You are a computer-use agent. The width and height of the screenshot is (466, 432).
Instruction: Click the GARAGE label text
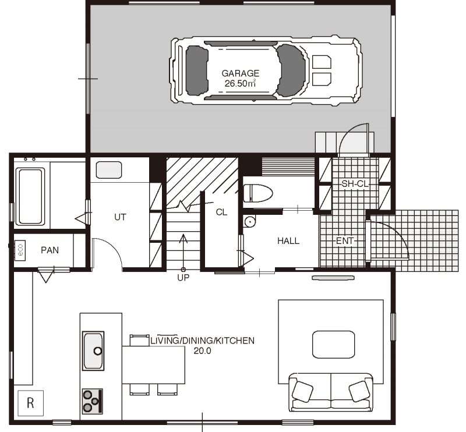pos(241,73)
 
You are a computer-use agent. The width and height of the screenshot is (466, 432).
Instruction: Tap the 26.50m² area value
pos(240,83)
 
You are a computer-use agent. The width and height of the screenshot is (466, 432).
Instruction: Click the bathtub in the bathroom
pos(30,197)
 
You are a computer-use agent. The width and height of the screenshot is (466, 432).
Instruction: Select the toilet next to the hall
pos(258,193)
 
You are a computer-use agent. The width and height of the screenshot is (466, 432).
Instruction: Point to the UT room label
pos(120,217)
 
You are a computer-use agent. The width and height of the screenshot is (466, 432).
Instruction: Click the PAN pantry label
pos(50,250)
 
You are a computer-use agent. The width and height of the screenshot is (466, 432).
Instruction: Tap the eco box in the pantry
pos(20,250)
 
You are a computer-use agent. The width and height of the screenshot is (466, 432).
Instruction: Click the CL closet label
pos(221,212)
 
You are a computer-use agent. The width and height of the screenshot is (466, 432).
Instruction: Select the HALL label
pos(288,240)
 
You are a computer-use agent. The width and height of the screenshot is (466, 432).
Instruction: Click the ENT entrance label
pos(345,240)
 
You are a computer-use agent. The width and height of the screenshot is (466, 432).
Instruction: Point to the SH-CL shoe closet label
pos(355,184)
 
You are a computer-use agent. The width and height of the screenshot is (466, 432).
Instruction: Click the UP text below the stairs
pos(183,278)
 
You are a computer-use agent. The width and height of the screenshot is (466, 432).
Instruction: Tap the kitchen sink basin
pos(93,351)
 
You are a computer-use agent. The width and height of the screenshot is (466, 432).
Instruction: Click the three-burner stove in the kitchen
pos(93,401)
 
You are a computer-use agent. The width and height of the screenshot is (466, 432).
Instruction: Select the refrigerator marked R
pos(31,403)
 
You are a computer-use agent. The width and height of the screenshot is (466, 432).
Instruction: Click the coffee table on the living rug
pos(333,345)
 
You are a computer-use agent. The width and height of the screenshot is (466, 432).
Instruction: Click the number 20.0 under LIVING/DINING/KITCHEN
pos(202,351)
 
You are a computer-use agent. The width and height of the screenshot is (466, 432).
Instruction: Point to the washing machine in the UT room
pos(109,170)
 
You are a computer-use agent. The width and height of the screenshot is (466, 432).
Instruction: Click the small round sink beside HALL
pos(250,222)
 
